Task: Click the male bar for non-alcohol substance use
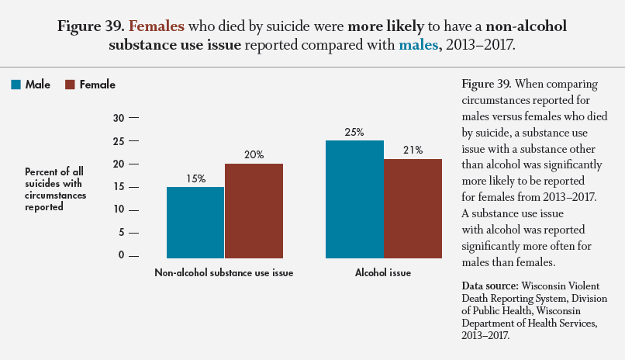pyautogui.click(x=195, y=222)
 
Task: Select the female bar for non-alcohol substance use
pyautogui.click(x=254, y=210)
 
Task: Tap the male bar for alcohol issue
pyautogui.click(x=354, y=199)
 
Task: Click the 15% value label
pyautogui.click(x=195, y=178)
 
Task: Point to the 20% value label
pyautogui.click(x=254, y=155)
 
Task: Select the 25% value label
pyautogui.click(x=354, y=132)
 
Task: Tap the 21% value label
pyautogui.click(x=413, y=151)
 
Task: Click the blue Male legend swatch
pyautogui.click(x=16, y=85)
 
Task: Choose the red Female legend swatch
pyautogui.click(x=70, y=85)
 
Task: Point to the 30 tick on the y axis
pyautogui.click(x=119, y=118)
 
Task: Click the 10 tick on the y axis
pyautogui.click(x=119, y=209)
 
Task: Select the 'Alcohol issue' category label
pyautogui.click(x=383, y=273)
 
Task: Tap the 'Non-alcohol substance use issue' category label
pyautogui.click(x=224, y=273)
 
